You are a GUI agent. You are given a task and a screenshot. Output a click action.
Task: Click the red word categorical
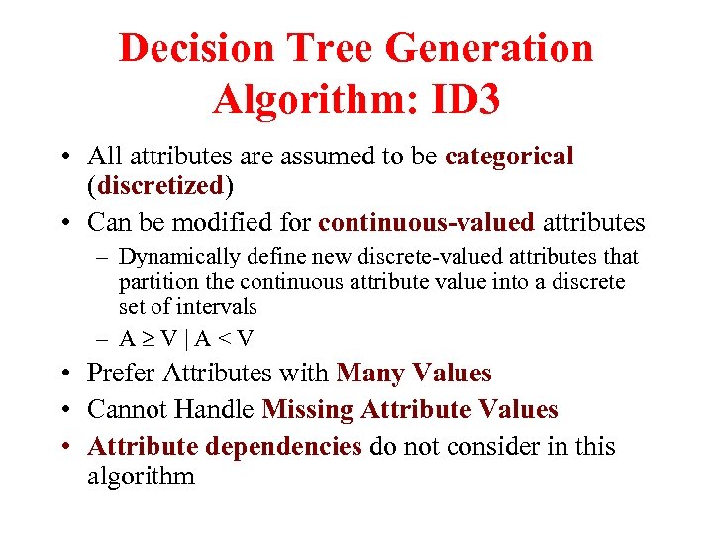point(510,156)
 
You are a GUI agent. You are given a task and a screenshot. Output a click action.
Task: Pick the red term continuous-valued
point(426,222)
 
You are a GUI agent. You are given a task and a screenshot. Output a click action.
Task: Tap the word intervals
point(217,307)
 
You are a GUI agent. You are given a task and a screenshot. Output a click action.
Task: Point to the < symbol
point(225,338)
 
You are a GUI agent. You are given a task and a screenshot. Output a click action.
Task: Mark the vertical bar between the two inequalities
point(187,338)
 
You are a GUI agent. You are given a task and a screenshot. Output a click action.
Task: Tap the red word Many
point(374,374)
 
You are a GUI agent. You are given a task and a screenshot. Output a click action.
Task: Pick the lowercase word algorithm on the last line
point(141,477)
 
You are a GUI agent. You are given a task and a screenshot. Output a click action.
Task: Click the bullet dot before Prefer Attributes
point(64,374)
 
